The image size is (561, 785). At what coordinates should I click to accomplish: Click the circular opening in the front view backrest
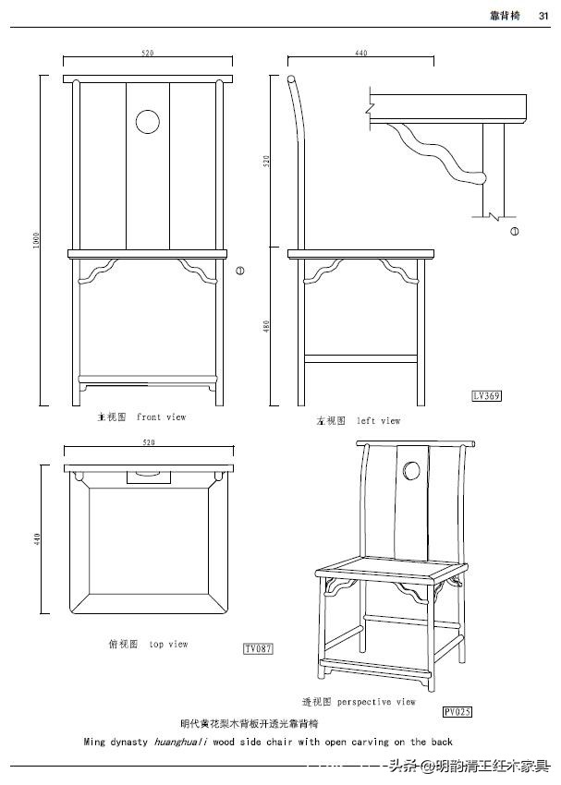coord(147,121)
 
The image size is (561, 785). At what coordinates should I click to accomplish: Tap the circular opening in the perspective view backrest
coord(411,473)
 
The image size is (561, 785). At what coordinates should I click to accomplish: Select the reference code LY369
coord(486,396)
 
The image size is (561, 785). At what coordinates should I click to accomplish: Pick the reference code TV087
coord(258,649)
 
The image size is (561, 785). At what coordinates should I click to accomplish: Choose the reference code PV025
coord(457,712)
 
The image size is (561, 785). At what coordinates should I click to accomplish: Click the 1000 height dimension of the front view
coord(37,241)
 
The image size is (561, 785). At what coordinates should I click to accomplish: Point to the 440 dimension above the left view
coord(360,54)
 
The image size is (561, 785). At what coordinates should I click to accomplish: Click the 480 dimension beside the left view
coord(267,327)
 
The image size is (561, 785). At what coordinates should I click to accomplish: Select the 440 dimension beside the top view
coord(37,538)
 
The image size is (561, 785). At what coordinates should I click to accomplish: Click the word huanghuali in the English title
coord(180,742)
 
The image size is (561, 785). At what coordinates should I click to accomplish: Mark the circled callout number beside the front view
coord(239,271)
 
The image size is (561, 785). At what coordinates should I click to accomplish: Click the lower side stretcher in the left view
coord(360,356)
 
